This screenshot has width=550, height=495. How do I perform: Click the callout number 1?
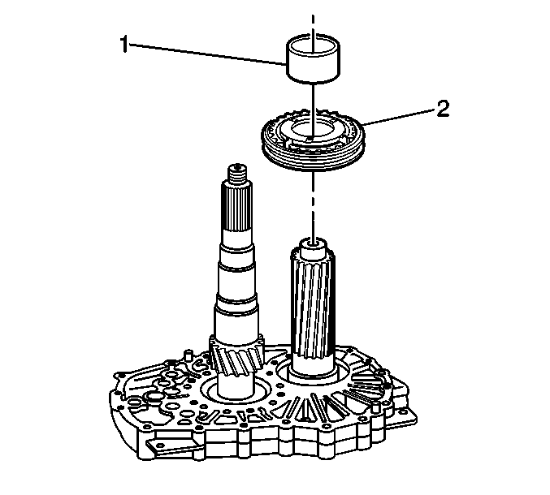pyautogui.click(x=124, y=45)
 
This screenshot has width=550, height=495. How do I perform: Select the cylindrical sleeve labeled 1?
pyautogui.click(x=314, y=59)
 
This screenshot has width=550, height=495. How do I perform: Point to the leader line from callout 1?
pyautogui.click(x=207, y=54)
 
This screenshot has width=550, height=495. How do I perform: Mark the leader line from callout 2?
pyautogui.click(x=399, y=117)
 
